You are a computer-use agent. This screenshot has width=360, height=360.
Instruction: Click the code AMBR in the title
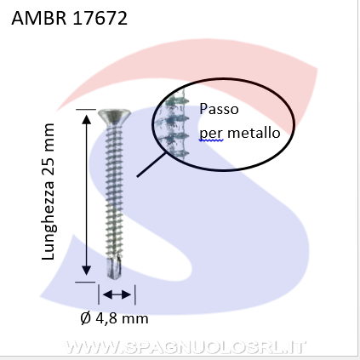click(39, 18)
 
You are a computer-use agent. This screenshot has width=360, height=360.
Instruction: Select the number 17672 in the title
click(100, 18)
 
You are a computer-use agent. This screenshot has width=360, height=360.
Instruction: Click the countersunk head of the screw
click(114, 117)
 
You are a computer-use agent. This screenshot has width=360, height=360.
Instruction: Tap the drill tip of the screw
click(114, 268)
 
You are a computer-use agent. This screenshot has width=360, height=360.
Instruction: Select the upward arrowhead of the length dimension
click(86, 119)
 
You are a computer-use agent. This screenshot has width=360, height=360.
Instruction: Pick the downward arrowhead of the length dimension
click(86, 271)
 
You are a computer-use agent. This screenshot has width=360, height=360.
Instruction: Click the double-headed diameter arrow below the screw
click(117, 294)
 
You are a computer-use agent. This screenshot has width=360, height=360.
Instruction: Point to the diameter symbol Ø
click(85, 318)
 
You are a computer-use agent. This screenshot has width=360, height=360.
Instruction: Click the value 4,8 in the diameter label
click(106, 318)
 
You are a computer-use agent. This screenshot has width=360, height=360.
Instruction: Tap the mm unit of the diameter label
click(135, 320)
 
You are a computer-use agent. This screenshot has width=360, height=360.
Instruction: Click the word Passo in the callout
click(219, 109)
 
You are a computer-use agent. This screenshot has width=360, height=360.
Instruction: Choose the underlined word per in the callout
click(212, 134)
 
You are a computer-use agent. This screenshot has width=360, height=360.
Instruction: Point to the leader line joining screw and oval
click(151, 164)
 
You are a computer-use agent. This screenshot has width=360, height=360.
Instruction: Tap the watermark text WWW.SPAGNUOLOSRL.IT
click(185, 347)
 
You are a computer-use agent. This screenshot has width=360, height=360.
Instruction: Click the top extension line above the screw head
click(86, 109)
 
